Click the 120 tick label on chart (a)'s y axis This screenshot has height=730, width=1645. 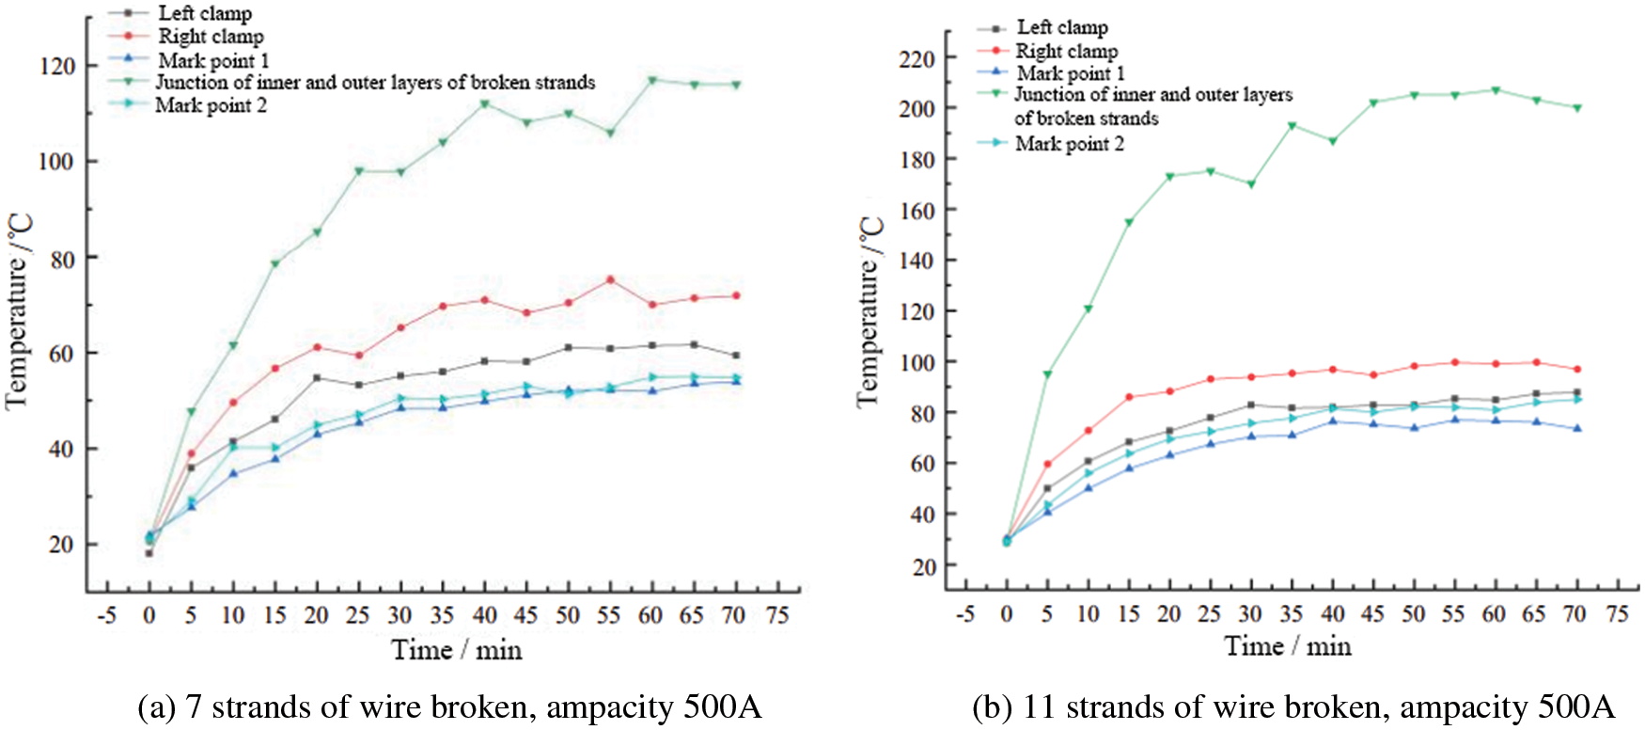click(x=55, y=66)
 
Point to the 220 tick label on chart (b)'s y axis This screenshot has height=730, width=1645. click(x=916, y=58)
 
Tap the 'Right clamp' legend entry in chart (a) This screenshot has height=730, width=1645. click(x=211, y=37)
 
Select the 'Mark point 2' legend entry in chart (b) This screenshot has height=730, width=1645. click(x=1069, y=144)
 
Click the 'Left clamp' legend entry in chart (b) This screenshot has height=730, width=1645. click(x=1062, y=28)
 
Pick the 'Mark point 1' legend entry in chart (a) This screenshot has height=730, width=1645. click(x=213, y=60)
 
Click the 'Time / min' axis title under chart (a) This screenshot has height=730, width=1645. click(x=456, y=650)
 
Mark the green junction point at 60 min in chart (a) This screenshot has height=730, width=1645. click(x=651, y=80)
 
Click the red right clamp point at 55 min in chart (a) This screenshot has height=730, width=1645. click(x=610, y=279)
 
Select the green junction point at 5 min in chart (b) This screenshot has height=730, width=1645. click(x=1047, y=374)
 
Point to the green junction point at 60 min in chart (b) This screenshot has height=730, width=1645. click(x=1496, y=90)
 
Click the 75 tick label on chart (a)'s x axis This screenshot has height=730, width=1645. click(x=776, y=616)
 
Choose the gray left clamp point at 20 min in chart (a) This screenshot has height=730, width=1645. click(x=317, y=378)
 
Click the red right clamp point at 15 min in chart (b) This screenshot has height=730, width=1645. click(x=1129, y=397)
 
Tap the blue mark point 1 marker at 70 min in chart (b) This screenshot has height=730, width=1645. click(x=1577, y=428)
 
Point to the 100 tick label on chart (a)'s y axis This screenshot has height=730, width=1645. click(x=55, y=162)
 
